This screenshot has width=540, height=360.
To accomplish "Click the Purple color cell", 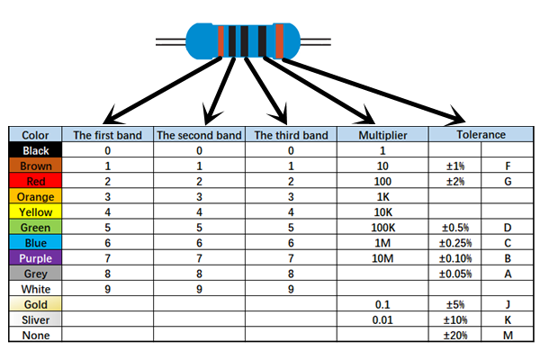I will (36, 258).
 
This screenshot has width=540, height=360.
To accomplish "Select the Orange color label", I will (36, 197).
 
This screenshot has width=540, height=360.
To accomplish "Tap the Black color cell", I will (36, 150).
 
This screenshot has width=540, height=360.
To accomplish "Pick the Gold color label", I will (36, 304).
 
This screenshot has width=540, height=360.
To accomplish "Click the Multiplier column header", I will (382, 135).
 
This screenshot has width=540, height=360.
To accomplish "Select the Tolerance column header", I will (481, 135).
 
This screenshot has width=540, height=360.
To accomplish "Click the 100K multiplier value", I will (382, 228).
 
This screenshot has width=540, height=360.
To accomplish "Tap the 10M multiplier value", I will (382, 258).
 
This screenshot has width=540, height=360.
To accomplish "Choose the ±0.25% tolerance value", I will (455, 243).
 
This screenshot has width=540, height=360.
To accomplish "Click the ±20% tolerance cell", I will (455, 335).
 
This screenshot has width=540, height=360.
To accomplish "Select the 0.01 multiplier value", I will (382, 319).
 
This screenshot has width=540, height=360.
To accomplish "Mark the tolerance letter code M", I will (508, 335).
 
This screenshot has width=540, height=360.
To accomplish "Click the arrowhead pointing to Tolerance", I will (460, 118).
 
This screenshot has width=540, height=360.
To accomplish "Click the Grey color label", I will (36, 274).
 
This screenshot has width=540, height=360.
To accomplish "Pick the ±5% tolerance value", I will (455, 304).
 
